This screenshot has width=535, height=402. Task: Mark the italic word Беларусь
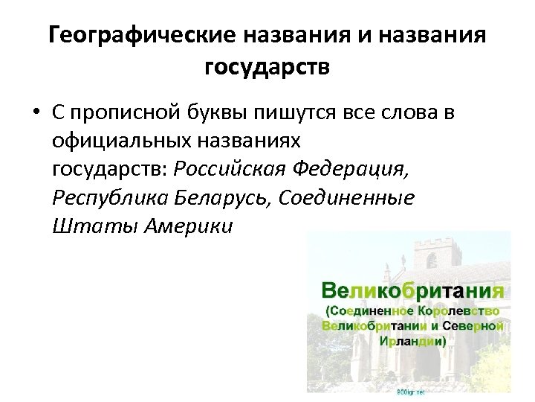[x=220, y=197]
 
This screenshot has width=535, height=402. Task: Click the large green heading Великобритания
[x=412, y=289]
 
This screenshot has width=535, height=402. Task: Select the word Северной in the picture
[x=471, y=325]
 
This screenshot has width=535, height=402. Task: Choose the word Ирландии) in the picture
[x=412, y=342]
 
